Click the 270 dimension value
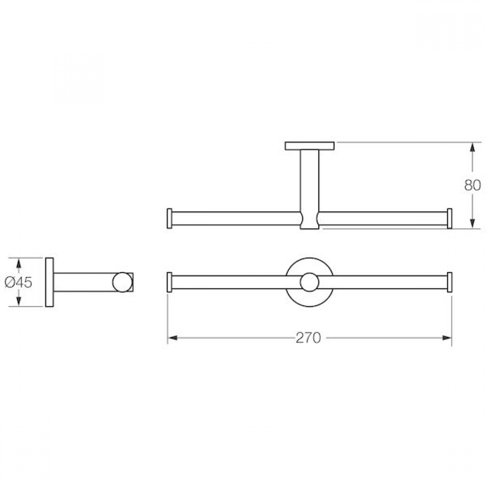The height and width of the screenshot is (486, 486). point(308,338)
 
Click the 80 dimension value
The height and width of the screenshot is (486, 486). point(472,185)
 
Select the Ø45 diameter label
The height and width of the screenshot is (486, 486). point(18,282)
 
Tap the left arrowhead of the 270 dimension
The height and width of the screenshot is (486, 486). point(173,338)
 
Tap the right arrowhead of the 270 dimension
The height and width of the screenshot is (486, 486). point(447,338)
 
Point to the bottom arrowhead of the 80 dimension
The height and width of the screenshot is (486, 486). point(472,224)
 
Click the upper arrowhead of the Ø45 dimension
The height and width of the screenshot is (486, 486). point(18,263)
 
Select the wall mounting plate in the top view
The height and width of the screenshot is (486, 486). point(310,146)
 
